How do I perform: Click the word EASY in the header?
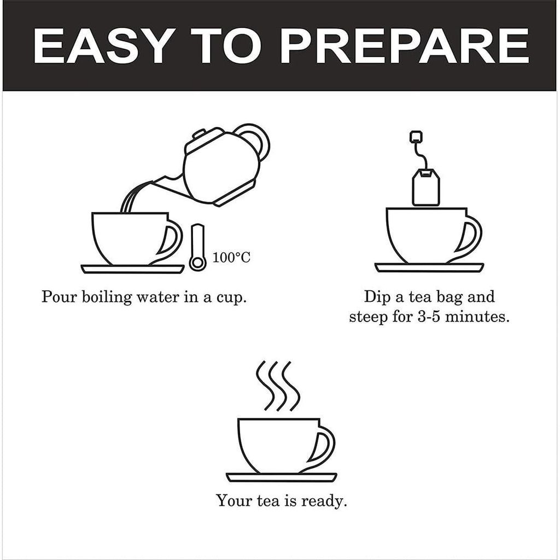click(101, 46)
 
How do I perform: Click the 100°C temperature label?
click(232, 257)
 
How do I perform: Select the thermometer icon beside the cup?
click(197, 249)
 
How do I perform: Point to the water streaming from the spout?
click(129, 200)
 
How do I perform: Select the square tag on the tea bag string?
click(416, 136)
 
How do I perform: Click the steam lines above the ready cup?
click(278, 386)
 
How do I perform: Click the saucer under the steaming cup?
click(282, 477)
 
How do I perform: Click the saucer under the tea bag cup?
click(429, 267)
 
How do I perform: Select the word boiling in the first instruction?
click(107, 298)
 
